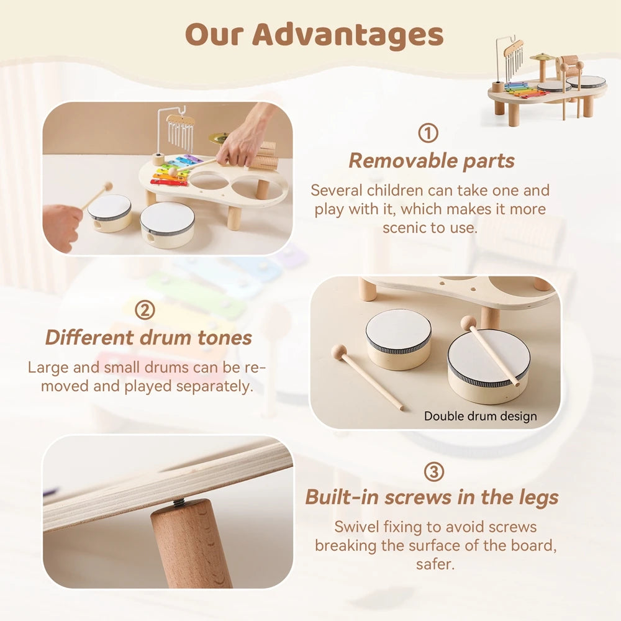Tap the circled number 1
point(428,133)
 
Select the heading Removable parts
point(432,161)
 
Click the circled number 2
point(145,309)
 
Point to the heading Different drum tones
point(148,337)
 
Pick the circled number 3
point(434,472)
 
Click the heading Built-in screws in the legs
point(432,497)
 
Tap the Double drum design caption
point(480,416)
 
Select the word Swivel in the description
point(357,527)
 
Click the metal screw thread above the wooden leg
point(179,502)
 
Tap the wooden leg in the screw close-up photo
point(189,546)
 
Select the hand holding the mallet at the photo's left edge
point(61,227)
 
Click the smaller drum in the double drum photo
point(398,338)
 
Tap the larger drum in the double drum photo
point(488,365)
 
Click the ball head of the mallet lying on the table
point(339,351)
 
